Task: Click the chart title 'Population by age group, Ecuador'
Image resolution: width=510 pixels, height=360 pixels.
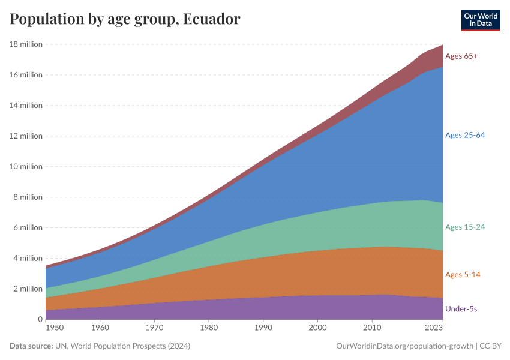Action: click(125, 19)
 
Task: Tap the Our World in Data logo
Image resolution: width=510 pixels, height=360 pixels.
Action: click(480, 20)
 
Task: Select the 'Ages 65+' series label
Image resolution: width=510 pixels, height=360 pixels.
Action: click(461, 56)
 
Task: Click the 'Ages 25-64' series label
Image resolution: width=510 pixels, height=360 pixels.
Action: click(464, 135)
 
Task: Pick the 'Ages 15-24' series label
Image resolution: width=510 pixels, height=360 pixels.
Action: click(464, 227)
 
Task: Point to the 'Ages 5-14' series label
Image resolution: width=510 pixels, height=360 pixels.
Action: click(463, 274)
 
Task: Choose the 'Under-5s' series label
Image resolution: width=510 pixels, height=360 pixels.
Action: click(461, 309)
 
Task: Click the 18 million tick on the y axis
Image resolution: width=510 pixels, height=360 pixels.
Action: click(26, 44)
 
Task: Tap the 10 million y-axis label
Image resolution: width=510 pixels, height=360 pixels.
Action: click(26, 166)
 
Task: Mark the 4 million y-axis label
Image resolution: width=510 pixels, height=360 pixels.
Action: click(28, 258)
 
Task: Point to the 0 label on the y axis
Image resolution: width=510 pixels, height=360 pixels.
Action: click(40, 319)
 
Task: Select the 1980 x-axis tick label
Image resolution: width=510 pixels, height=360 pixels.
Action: click(208, 328)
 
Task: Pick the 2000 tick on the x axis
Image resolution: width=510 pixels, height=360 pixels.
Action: click(317, 328)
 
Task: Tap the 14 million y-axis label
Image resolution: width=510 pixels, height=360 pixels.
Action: click(26, 105)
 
